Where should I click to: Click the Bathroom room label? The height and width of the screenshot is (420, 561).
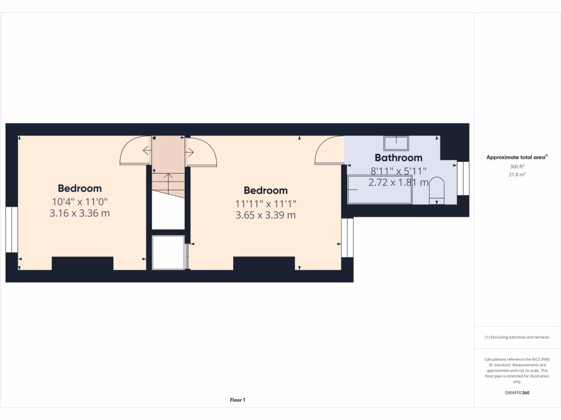click(398, 158)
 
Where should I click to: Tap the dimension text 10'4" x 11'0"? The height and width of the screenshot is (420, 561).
click(79, 201)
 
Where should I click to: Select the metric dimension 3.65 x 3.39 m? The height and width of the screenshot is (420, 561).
click(265, 215)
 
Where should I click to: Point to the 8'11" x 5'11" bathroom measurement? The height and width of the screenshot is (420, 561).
click(398, 171)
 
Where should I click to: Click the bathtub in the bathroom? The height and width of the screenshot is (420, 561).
click(379, 189)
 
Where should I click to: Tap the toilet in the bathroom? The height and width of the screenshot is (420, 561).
click(437, 191)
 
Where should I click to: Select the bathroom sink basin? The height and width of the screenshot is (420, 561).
click(396, 143)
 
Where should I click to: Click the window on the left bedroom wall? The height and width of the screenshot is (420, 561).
click(12, 229)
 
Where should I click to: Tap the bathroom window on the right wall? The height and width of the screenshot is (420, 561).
click(463, 178)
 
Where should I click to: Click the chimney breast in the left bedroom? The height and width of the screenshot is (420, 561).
click(82, 263)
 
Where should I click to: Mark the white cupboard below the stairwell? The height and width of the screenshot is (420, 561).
click(168, 252)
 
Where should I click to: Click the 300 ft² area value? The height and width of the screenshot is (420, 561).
click(517, 166)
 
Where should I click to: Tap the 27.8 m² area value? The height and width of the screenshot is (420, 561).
click(517, 174)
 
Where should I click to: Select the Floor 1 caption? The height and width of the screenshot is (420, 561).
click(237, 400)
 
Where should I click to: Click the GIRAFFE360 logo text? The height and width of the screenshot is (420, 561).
click(517, 393)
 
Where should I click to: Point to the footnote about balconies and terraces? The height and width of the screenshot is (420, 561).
click(517, 337)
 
